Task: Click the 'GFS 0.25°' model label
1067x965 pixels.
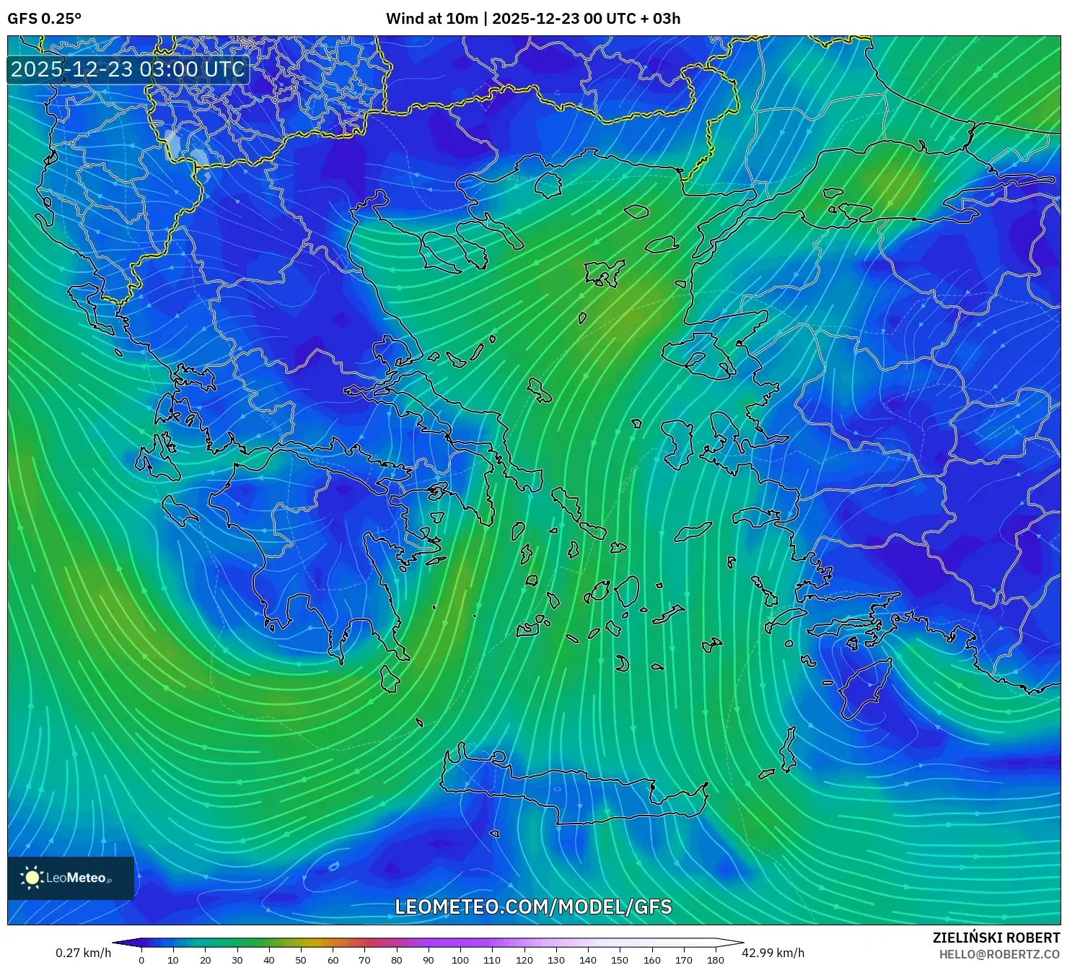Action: click(x=44, y=19)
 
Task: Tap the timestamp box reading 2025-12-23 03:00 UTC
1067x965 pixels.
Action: click(x=128, y=69)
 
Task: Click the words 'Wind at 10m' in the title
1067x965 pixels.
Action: click(x=431, y=19)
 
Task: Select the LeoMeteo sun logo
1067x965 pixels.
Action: click(x=32, y=878)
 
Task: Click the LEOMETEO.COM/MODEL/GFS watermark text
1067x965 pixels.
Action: click(x=533, y=907)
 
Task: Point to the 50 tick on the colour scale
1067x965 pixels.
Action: click(x=301, y=960)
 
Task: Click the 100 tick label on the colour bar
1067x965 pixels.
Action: click(x=460, y=960)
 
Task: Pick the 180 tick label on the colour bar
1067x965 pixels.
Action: click(x=716, y=960)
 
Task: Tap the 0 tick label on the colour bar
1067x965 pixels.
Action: click(x=141, y=960)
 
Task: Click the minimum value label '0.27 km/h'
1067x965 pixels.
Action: click(x=84, y=953)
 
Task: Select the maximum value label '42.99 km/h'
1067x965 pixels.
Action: click(x=773, y=953)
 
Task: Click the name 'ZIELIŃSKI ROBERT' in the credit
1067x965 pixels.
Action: click(x=996, y=938)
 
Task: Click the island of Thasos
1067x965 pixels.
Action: click(x=548, y=185)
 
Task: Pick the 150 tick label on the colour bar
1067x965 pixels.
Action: click(x=620, y=960)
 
